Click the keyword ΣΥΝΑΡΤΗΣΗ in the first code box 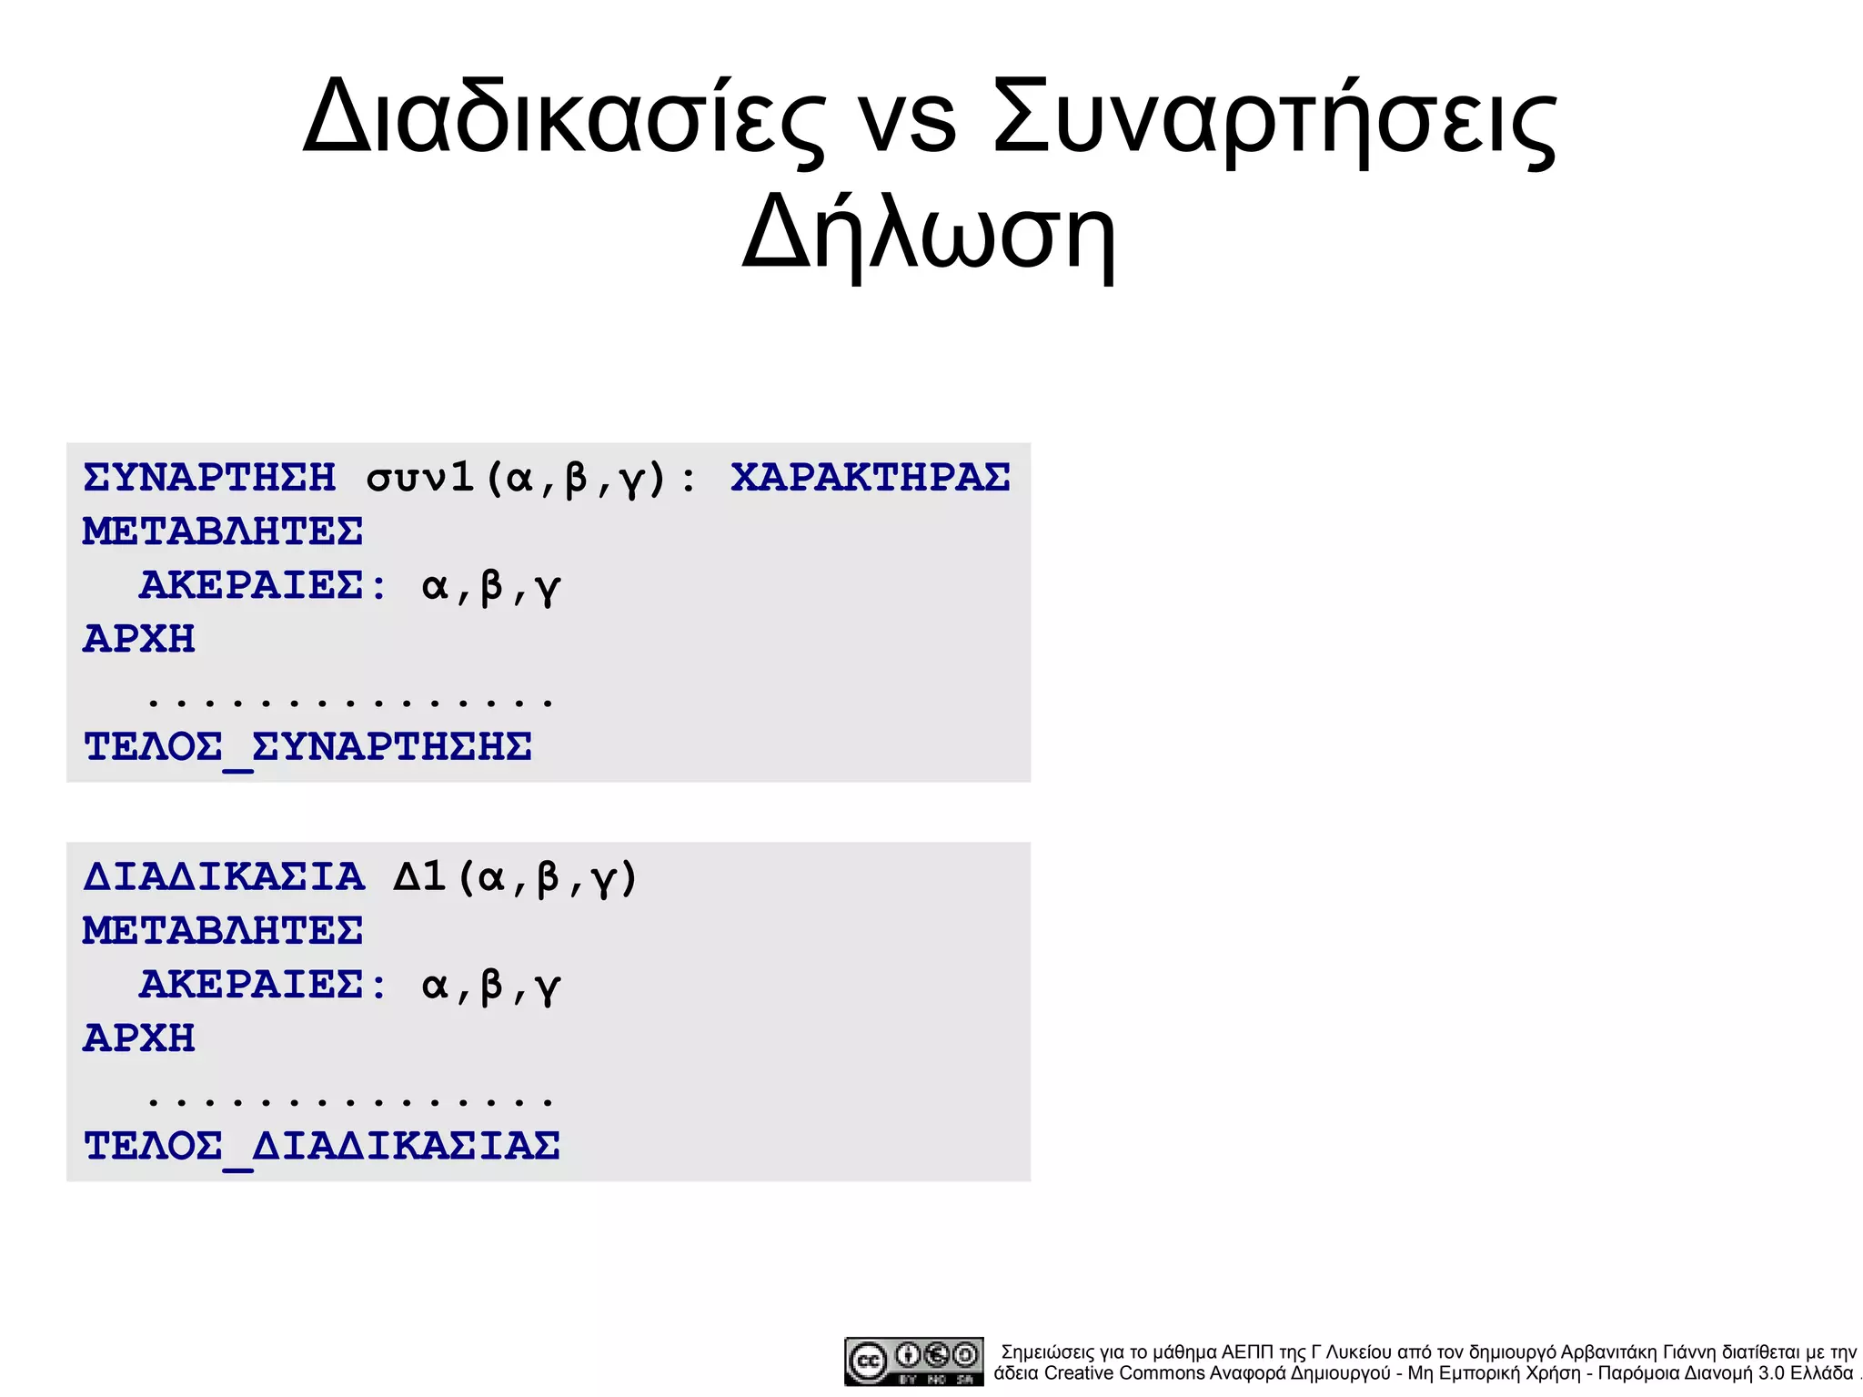tap(209, 477)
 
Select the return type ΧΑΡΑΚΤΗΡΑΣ tap(870, 477)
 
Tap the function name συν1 tap(420, 477)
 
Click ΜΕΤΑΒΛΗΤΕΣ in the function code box tap(223, 531)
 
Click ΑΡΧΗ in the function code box tap(139, 639)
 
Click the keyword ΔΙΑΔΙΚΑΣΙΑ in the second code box tap(224, 876)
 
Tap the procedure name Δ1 tap(419, 876)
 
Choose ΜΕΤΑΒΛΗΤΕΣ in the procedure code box tap(223, 930)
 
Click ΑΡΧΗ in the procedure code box tap(139, 1038)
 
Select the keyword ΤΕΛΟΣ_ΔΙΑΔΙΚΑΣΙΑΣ tap(321, 1147)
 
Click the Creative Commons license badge tap(913, 1361)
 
